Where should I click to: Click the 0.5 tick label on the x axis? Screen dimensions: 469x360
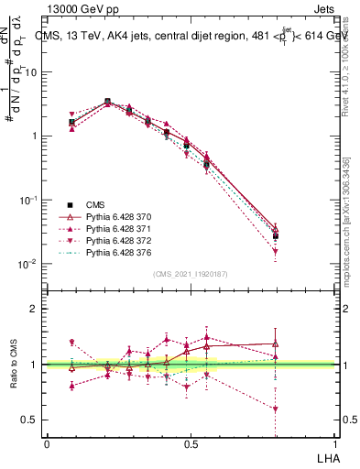pyautogui.click(x=190, y=444)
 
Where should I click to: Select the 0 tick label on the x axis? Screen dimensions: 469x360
pyautogui.click(x=47, y=444)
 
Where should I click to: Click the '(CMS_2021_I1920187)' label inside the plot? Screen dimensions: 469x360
pyautogui.click(x=190, y=273)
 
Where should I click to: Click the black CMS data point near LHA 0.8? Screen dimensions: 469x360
pyautogui.click(x=275, y=236)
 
